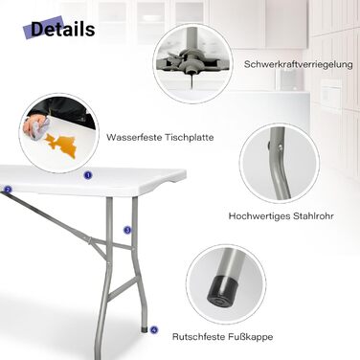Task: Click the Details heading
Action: click(x=62, y=29)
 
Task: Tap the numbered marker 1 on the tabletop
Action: click(x=88, y=175)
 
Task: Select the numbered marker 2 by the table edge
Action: click(x=8, y=190)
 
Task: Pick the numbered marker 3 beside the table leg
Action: click(x=127, y=230)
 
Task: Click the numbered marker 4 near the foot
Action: click(x=154, y=329)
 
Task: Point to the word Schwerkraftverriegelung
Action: click(x=299, y=64)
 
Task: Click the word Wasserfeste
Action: click(x=134, y=138)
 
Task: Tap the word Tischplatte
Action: click(x=190, y=138)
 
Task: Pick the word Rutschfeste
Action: click(x=199, y=336)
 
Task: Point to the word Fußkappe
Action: click(x=251, y=337)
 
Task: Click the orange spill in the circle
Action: click(x=61, y=145)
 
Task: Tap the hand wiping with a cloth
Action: click(x=36, y=126)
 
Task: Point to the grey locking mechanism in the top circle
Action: click(x=189, y=61)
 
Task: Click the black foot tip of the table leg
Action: click(x=145, y=329)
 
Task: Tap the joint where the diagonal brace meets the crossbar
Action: click(x=90, y=240)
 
